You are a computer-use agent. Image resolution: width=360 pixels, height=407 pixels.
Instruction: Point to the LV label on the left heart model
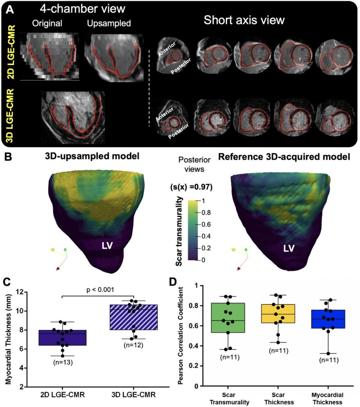[108, 245]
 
